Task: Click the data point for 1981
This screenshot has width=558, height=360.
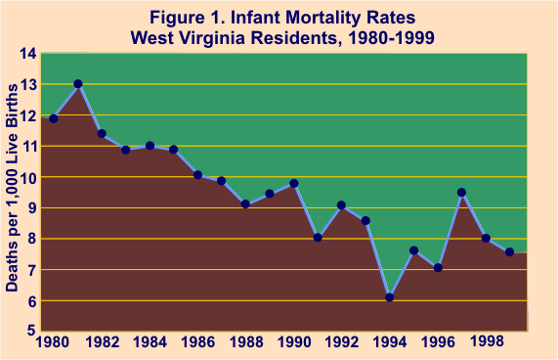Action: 78,84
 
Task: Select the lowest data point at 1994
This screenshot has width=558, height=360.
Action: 390,296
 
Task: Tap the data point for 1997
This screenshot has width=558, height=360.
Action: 461,193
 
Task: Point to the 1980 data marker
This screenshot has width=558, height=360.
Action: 54,118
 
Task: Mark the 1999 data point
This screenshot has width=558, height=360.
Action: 509,252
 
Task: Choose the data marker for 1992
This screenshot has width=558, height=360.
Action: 341,205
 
